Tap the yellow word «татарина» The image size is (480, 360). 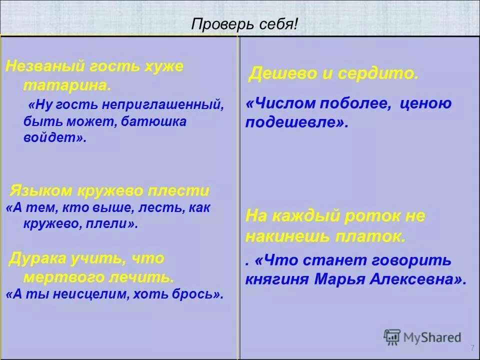65,85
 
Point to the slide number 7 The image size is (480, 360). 472,348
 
